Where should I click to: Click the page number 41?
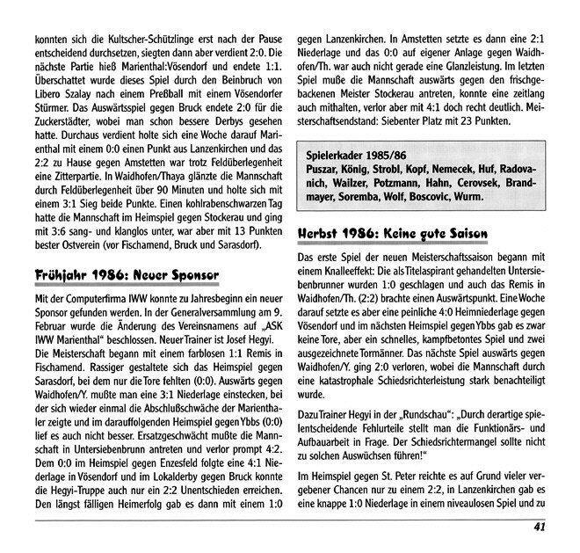tap(541, 528)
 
